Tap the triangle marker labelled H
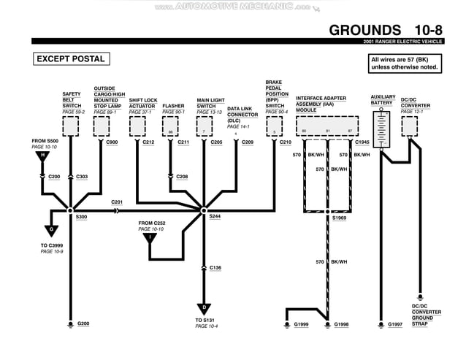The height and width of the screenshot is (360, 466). [x=42, y=156]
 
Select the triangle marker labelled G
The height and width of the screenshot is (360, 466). [x=52, y=230]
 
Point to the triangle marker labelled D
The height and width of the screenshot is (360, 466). [x=204, y=307]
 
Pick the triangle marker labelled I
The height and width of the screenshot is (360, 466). [x=150, y=237]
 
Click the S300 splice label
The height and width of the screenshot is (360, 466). [x=81, y=217]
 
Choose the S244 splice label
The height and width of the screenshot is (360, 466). [x=215, y=217]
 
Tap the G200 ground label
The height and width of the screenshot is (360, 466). [x=83, y=323]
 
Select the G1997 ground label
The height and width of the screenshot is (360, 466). [x=395, y=323]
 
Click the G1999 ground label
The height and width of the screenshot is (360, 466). [x=301, y=323]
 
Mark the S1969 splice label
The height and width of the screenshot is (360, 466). [x=340, y=218]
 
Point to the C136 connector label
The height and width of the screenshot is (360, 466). [x=215, y=268]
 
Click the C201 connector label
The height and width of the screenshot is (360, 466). [x=117, y=202]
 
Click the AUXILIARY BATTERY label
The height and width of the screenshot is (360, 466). [x=383, y=100]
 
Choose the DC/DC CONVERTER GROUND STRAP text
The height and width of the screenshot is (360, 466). [x=427, y=315]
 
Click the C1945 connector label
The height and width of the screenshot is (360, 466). [x=362, y=142]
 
